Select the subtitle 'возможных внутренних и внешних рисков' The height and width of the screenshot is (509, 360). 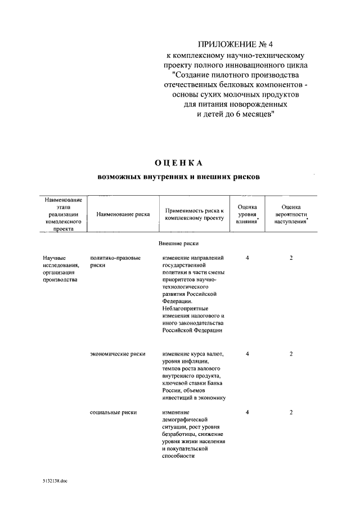pyautogui.click(x=179, y=176)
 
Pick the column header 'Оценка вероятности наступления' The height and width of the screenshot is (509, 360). pyautogui.click(x=291, y=214)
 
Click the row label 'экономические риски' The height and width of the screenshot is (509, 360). pyautogui.click(x=118, y=354)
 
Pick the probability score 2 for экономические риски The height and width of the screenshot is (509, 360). pyautogui.click(x=291, y=354)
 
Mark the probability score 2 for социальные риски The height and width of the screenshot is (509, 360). pyautogui.click(x=291, y=412)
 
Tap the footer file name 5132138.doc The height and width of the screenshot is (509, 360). pyautogui.click(x=55, y=481)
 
